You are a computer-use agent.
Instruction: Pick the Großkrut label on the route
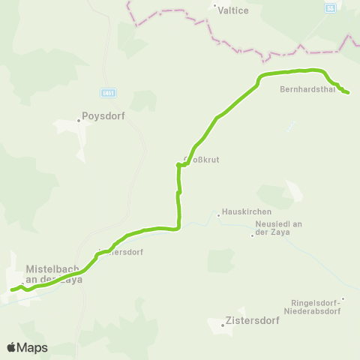pos(199,160)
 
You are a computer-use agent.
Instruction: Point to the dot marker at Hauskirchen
pos(218,215)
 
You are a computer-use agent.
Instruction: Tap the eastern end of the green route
pos(348,92)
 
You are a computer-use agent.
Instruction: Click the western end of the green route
pos(11,289)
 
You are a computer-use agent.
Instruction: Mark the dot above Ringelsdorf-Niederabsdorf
pos(343,298)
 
